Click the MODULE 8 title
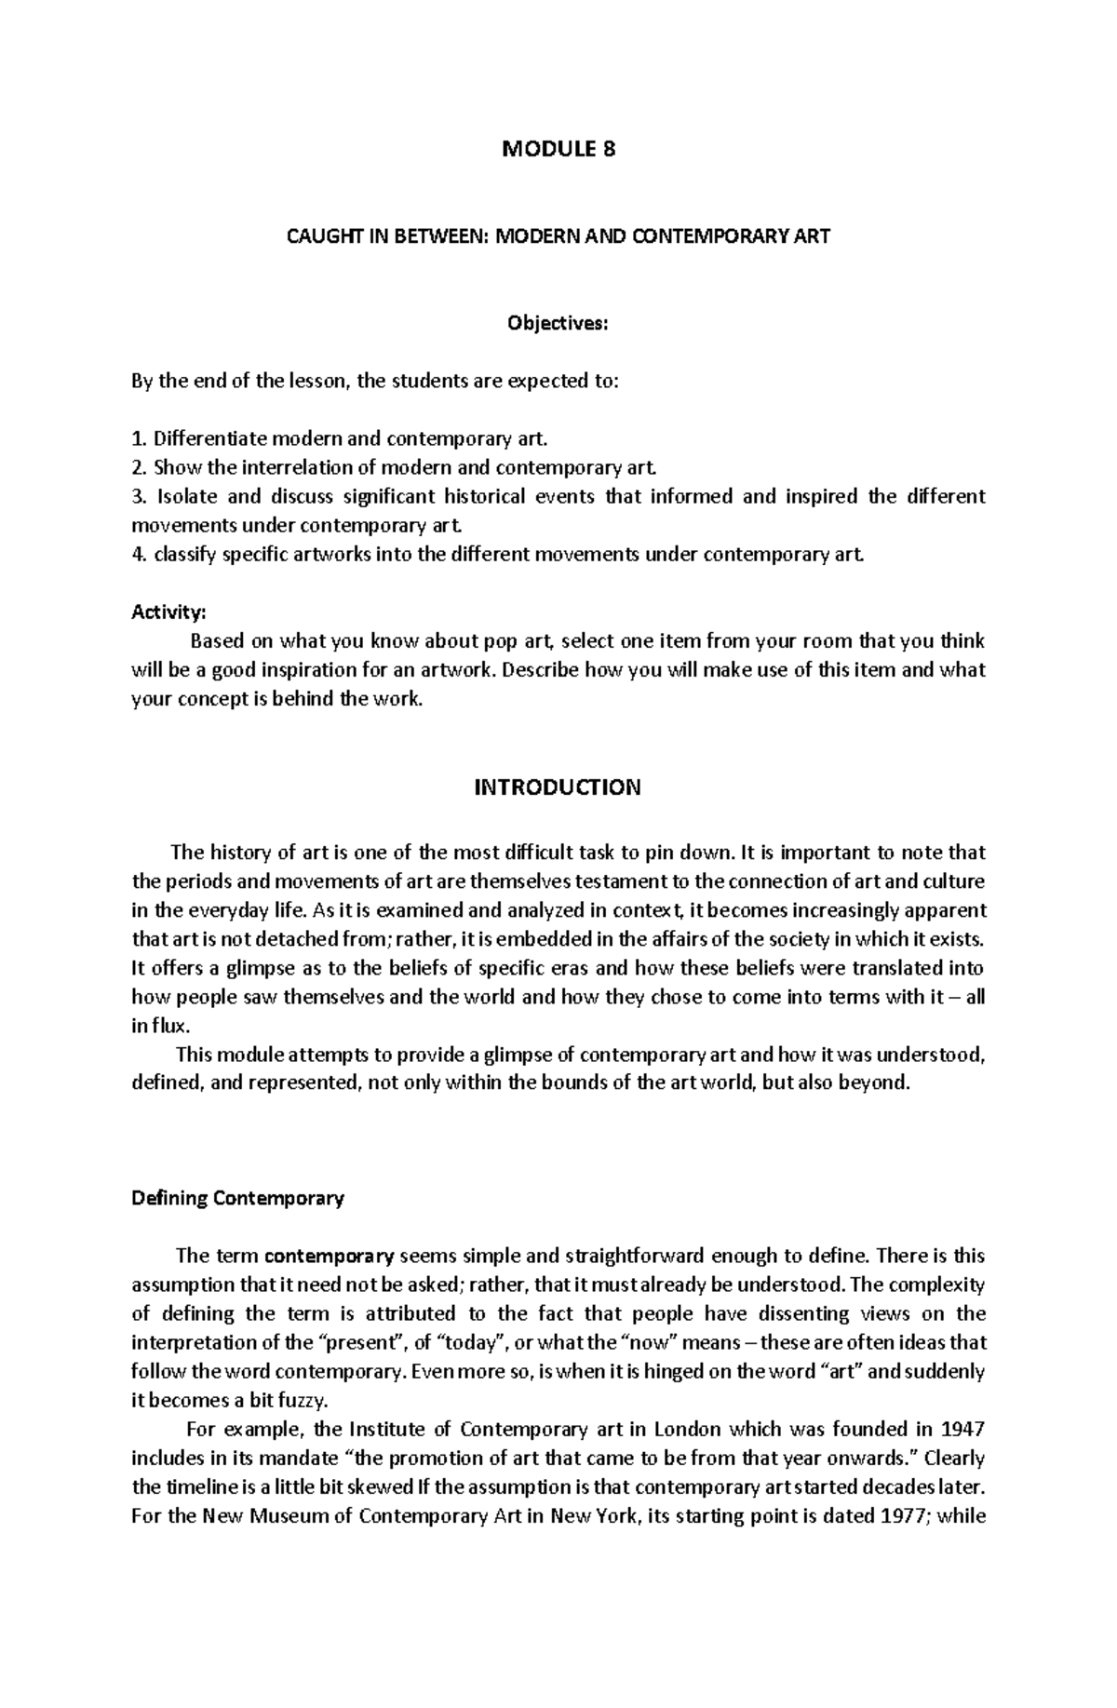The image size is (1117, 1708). point(558,149)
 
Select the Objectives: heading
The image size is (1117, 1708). point(557,324)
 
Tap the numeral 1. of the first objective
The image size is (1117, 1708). point(139,438)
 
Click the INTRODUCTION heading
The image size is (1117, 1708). point(558,787)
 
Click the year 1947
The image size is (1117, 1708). point(963,1429)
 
